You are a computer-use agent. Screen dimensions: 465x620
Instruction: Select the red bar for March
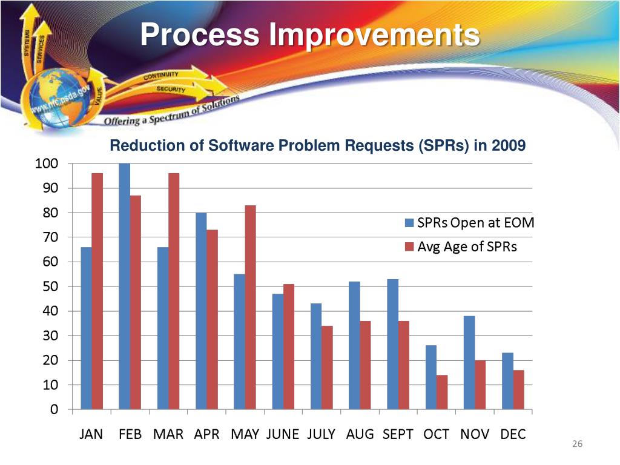coord(174,291)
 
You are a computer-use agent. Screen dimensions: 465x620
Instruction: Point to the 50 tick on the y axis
coord(51,286)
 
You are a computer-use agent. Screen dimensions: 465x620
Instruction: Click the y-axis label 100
coord(47,163)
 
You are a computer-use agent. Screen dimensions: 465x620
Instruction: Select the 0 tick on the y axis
coord(54,409)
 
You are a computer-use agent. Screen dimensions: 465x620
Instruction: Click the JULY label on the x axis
coord(322,434)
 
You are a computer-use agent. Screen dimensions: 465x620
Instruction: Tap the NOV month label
coord(475,434)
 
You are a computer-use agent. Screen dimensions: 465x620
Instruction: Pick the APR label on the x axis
coord(207,434)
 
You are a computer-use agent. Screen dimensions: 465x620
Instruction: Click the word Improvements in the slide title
coord(375,35)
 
